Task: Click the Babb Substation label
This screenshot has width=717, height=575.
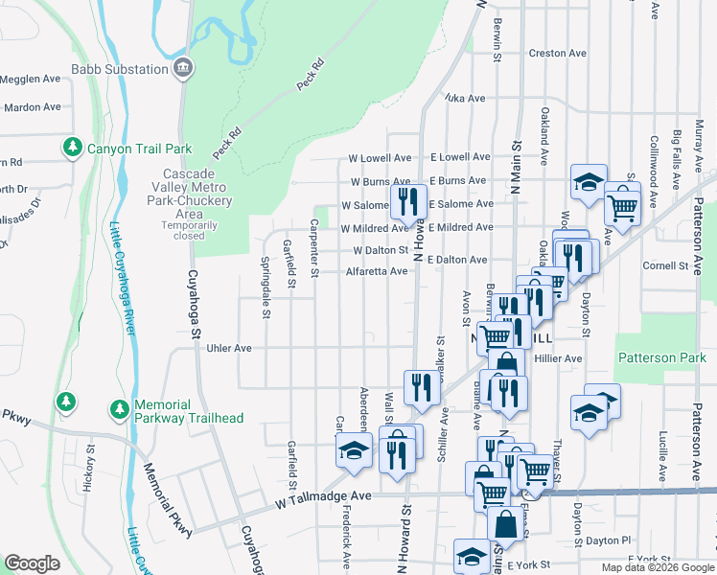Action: coord(120,69)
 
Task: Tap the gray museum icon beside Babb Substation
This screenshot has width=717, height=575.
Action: coord(183,68)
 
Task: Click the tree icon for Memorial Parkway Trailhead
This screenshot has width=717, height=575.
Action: coord(119,409)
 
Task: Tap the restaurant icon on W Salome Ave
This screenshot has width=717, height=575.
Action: coord(408,202)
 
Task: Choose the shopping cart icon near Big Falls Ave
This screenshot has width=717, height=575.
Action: coord(622,204)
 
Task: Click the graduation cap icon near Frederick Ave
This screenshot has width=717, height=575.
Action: coord(354,451)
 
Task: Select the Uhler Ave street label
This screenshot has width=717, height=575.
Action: coord(229,349)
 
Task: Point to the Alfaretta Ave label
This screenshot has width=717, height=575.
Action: coord(377,271)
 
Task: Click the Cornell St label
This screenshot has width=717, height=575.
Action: coord(666,266)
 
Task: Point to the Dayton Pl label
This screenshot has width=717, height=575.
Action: coord(606,540)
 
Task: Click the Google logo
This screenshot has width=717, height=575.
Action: coord(32,564)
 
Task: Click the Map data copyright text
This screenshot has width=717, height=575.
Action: coord(657,567)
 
